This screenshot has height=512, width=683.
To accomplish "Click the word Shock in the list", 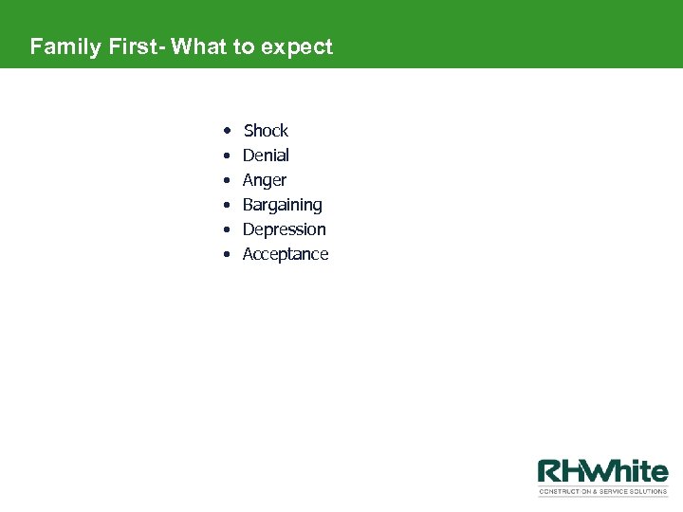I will point(266,131).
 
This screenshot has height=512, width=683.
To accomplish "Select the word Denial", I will point(266,155).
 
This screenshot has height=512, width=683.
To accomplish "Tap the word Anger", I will point(265,180).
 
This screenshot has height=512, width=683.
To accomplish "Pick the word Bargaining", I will point(283,205).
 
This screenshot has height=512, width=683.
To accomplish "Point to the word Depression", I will point(285,229).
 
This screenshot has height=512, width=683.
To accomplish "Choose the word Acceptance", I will point(286,254).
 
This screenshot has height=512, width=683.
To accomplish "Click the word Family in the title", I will point(62,46).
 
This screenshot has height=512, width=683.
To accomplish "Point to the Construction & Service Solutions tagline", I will point(603,492).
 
